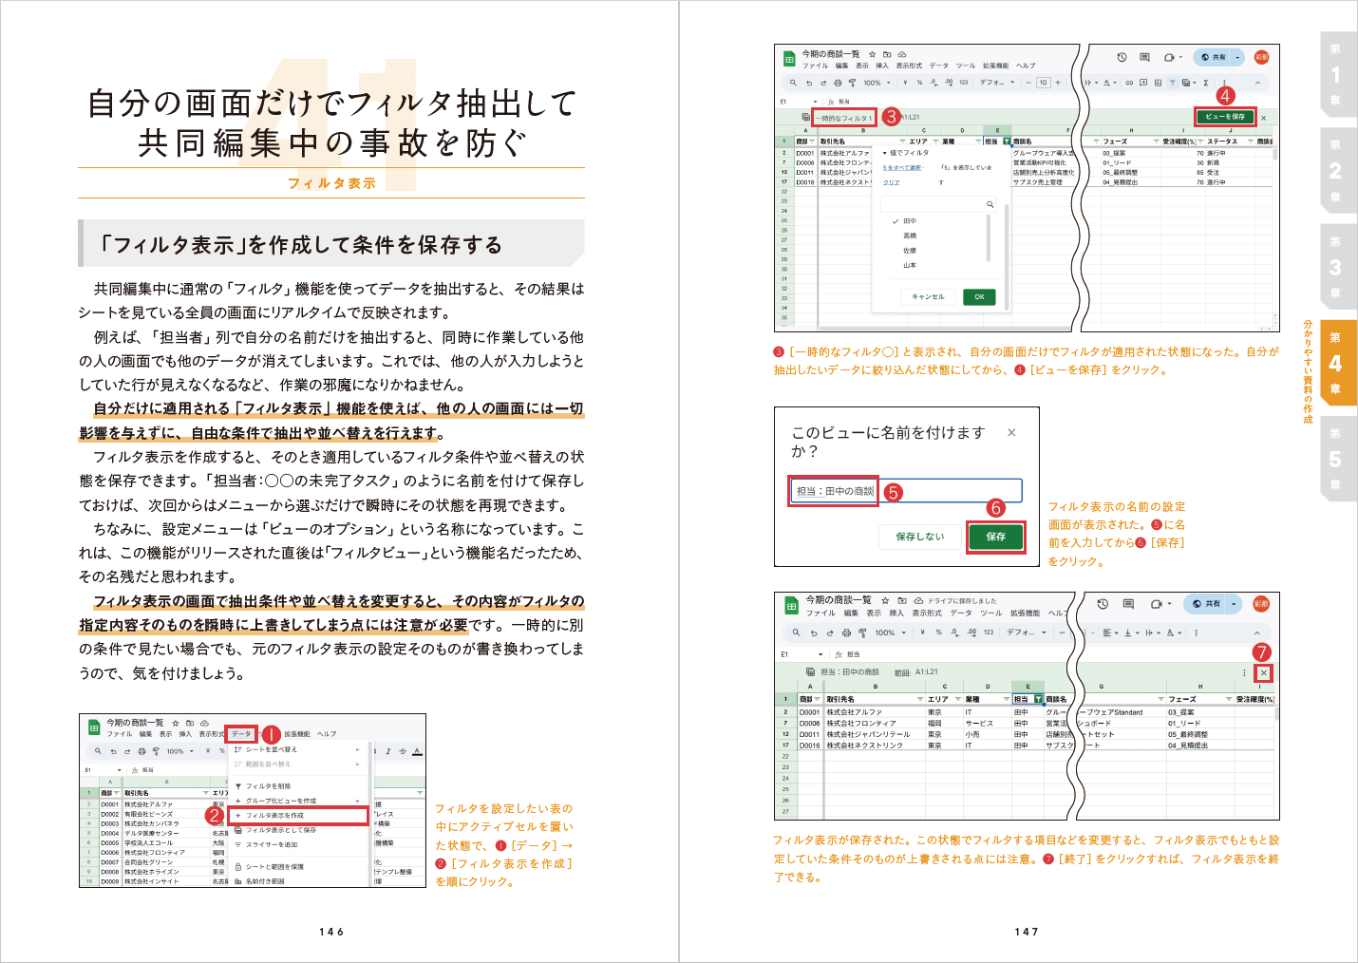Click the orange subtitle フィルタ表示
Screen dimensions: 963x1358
331,183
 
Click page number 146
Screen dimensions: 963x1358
331,932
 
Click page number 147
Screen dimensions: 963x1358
1027,932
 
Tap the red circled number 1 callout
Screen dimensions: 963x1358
270,734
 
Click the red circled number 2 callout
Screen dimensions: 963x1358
215,816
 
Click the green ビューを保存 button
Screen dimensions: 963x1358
1225,117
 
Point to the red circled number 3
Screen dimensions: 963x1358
890,117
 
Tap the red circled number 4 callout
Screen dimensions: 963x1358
1225,96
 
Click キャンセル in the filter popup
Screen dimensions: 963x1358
928,297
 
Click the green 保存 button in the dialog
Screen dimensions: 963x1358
995,537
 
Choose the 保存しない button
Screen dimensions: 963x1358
919,537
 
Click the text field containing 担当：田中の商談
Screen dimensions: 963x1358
906,491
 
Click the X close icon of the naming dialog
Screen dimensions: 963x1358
1011,433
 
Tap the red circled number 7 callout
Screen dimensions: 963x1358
1261,652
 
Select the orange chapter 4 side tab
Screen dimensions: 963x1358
1337,363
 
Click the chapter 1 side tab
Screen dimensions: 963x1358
1337,74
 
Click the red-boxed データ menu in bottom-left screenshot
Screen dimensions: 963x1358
241,734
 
